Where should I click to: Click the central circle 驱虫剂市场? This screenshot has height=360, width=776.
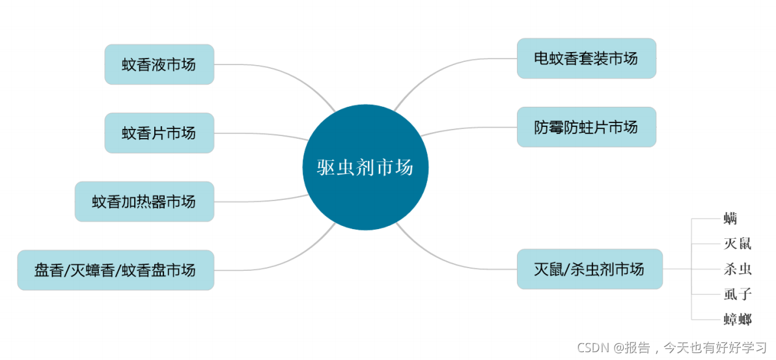(x=365, y=167)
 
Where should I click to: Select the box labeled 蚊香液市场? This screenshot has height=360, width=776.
(x=159, y=64)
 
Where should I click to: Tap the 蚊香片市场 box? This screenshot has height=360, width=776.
(x=159, y=133)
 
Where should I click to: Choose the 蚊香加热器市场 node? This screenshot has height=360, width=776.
(x=144, y=202)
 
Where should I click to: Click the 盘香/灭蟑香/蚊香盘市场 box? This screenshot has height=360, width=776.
(x=115, y=270)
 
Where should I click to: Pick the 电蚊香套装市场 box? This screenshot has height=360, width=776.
(x=586, y=59)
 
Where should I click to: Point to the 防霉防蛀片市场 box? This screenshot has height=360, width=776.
(x=586, y=127)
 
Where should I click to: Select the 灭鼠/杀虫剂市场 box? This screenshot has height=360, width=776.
(x=589, y=269)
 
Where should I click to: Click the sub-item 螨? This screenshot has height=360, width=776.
(x=730, y=219)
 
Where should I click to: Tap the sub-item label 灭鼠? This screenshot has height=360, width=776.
(x=738, y=244)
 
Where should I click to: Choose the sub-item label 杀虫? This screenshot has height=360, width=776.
(x=738, y=269)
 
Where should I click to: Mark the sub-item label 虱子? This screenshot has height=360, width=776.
(x=738, y=294)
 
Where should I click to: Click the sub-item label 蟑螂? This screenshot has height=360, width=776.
(x=738, y=319)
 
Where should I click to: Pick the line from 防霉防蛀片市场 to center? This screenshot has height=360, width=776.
(x=469, y=129)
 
